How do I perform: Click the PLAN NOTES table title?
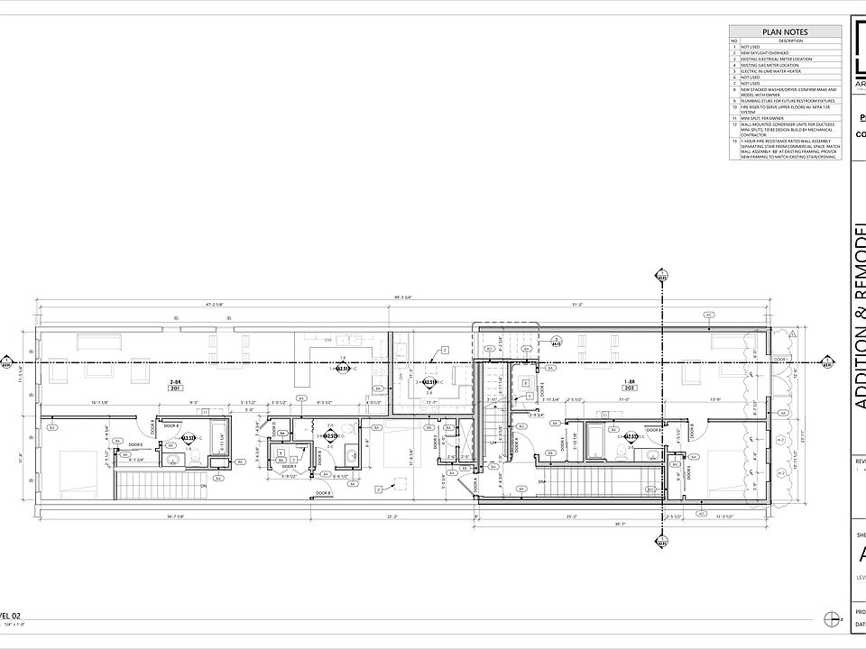[785, 32]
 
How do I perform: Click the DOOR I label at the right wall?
[781, 359]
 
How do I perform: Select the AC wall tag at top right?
[709, 315]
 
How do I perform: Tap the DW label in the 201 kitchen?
[329, 340]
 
